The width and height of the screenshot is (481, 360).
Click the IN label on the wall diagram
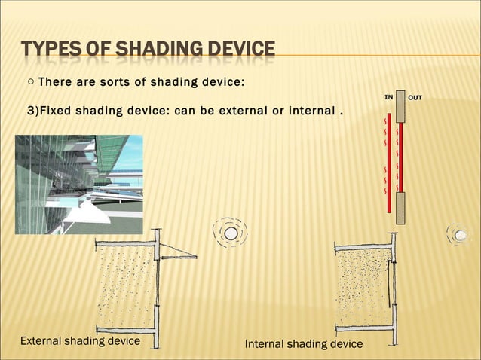click(389, 97)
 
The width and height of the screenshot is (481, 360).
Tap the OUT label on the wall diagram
click(415, 97)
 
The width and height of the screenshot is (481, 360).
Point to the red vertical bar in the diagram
click(401, 157)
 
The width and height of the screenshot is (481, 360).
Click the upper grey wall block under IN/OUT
click(401, 108)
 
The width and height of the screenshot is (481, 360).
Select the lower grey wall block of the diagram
click(401, 207)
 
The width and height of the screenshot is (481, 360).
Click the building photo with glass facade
click(79, 174)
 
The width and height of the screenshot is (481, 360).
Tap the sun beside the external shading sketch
click(231, 234)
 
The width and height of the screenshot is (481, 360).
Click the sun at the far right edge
click(459, 235)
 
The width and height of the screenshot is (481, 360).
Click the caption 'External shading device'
click(80, 340)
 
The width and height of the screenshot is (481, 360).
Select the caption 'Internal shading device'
click(304, 344)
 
